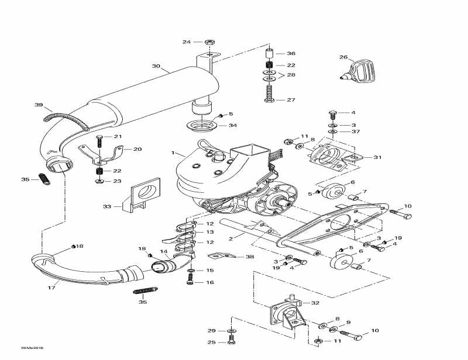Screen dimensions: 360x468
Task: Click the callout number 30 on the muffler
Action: [x=156, y=66]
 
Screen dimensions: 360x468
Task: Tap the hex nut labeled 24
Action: [x=209, y=42]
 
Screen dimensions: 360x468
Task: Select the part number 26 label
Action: [x=343, y=57]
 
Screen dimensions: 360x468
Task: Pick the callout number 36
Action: [x=291, y=53]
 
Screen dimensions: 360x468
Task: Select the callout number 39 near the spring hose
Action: [x=39, y=105]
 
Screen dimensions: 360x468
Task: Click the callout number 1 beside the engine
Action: [x=173, y=153]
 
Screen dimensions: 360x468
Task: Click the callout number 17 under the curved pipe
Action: [x=51, y=287]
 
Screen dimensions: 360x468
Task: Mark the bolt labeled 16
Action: [x=190, y=282]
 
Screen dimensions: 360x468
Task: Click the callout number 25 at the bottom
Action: [x=212, y=342]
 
